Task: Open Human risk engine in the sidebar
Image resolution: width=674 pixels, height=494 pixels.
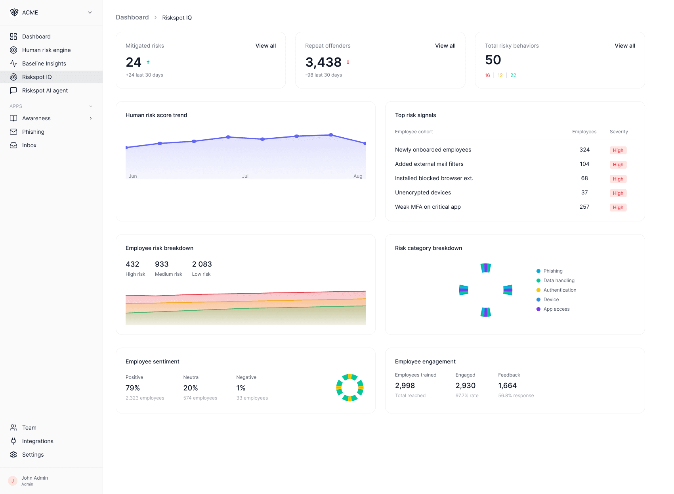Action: (x=46, y=50)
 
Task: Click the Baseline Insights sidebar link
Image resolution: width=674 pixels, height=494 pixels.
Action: (x=44, y=63)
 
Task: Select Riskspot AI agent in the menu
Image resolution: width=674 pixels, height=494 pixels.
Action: (x=45, y=90)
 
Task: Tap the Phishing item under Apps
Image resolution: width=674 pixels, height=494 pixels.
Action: (x=33, y=132)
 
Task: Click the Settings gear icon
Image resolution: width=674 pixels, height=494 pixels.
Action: (x=13, y=455)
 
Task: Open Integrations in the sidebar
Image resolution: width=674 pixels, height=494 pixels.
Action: (x=38, y=441)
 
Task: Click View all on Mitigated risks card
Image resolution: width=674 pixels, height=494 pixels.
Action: (x=265, y=46)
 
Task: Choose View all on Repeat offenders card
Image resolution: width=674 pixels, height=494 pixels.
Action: (x=445, y=46)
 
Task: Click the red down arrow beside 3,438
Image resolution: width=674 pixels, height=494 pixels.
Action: (x=348, y=62)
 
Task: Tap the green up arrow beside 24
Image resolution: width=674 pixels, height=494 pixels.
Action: (x=148, y=62)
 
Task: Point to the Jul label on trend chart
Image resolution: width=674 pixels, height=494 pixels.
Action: (x=245, y=176)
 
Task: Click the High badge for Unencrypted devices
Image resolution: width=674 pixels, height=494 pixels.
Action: (x=618, y=193)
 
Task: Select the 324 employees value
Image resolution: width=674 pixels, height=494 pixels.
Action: (x=584, y=150)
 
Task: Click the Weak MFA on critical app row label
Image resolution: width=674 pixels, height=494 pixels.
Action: (x=428, y=207)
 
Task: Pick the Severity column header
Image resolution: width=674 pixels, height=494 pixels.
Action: (x=619, y=132)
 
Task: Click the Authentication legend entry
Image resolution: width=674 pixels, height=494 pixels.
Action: (x=559, y=290)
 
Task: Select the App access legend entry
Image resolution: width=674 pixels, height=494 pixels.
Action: (x=556, y=309)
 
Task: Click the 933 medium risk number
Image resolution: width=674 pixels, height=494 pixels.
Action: (x=162, y=264)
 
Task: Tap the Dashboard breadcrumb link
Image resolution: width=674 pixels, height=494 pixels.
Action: (x=132, y=17)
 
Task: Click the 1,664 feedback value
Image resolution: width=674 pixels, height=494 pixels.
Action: (x=507, y=386)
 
